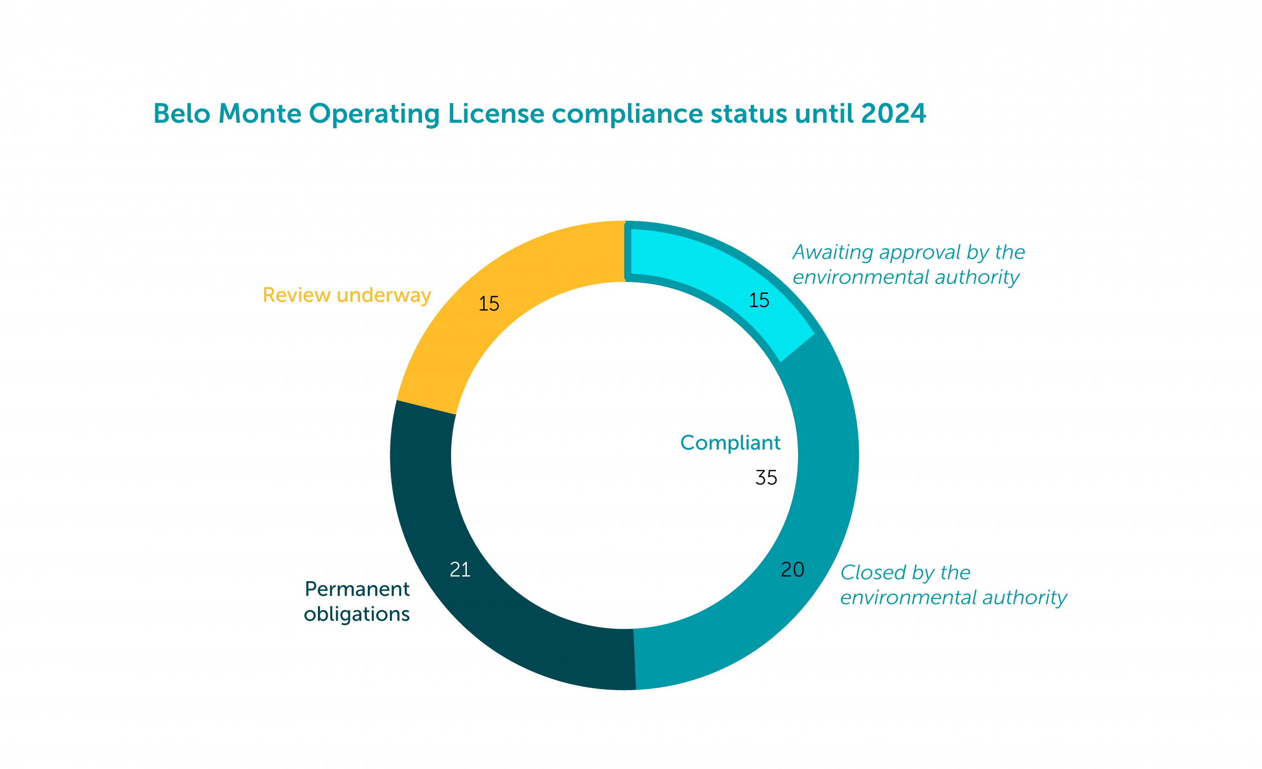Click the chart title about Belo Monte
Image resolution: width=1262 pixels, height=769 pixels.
[539, 114]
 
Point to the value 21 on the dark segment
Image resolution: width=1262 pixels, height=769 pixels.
[460, 570]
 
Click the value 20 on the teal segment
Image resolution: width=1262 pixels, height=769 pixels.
[792, 570]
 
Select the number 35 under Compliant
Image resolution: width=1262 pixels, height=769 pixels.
[766, 478]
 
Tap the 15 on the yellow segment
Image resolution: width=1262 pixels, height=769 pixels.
[489, 304]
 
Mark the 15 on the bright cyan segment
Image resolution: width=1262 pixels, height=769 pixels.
[759, 300]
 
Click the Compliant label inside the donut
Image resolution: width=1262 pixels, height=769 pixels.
[730, 443]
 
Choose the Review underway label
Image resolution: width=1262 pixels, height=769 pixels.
[347, 295]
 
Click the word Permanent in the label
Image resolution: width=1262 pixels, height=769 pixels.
[357, 589]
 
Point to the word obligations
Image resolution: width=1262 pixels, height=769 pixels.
[356, 614]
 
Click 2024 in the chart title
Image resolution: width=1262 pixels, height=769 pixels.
[893, 114]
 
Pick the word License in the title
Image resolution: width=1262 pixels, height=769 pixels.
[496, 114]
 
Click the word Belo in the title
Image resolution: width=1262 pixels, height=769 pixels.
[182, 114]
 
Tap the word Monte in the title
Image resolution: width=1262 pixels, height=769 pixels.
[260, 114]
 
